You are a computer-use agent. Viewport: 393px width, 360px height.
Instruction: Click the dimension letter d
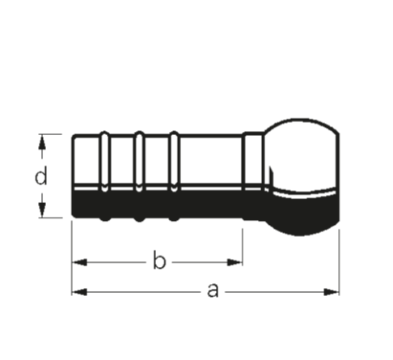(41, 176)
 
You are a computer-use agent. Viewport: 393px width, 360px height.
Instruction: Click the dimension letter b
(159, 260)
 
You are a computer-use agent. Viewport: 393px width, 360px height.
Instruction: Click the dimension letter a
(213, 290)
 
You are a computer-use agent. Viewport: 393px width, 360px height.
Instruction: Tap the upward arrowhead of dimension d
(41, 142)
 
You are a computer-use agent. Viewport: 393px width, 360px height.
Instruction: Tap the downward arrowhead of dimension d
(41, 210)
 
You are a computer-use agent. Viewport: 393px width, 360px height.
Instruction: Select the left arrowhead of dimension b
(79, 262)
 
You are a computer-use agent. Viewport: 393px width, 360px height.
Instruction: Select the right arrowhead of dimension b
(235, 262)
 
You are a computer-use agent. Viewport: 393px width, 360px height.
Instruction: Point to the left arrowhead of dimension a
(79, 292)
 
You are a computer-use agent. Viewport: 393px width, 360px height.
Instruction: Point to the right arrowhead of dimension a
(331, 292)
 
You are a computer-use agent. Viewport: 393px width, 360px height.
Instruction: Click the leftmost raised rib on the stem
(104, 176)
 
